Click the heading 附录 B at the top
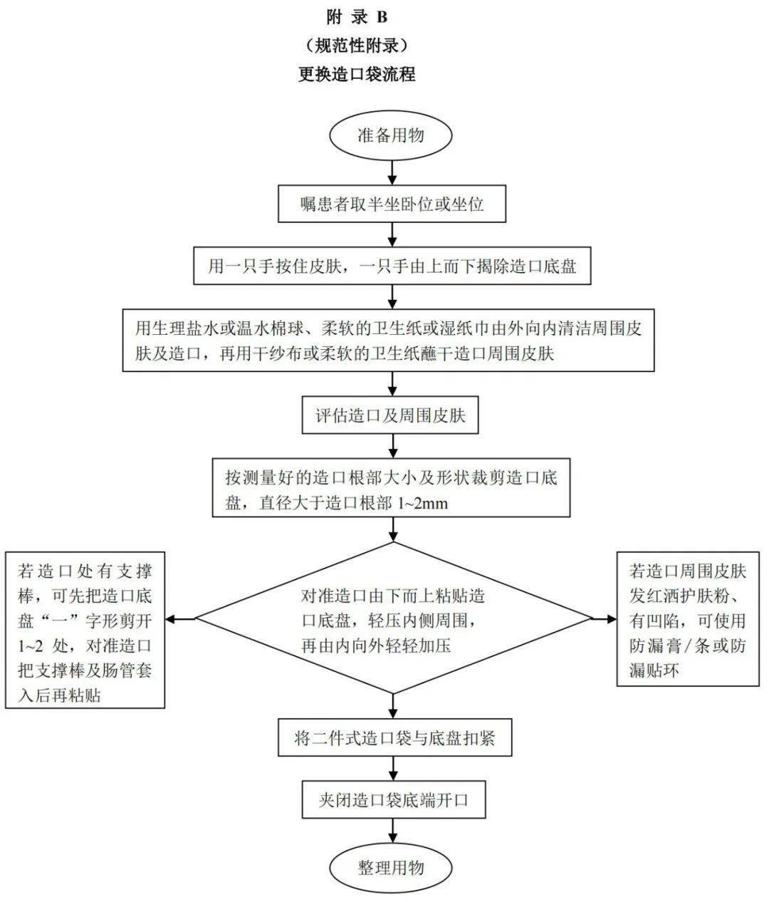pos(357,17)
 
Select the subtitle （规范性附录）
pos(357,46)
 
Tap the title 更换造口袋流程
pos(357,74)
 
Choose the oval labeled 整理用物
pos(391,867)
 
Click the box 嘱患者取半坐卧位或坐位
pos(391,204)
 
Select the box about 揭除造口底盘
pos(391,266)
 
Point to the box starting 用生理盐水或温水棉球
pos(388,340)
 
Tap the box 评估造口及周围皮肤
pos(391,415)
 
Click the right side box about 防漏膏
pos(687,620)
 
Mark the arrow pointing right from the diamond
pos(605,618)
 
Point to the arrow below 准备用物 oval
pos(391,172)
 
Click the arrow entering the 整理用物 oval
pos(392,833)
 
